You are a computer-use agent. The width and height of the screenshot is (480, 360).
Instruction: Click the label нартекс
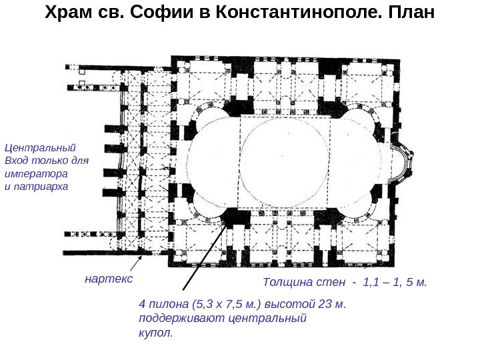point(109,277)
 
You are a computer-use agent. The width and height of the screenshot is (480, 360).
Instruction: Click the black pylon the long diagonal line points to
point(234,216)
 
